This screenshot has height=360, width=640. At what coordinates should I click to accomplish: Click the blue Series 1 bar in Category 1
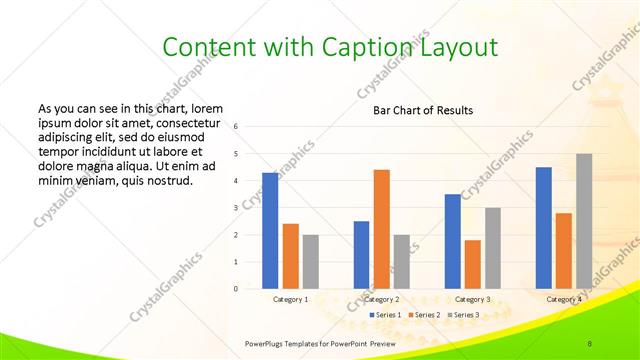coord(270,231)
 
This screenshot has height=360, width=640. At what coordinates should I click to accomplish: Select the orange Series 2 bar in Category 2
coord(381,229)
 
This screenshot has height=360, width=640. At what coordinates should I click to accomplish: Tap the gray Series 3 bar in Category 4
coord(583,221)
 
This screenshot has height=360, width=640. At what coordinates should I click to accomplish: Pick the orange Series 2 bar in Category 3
coord(472,264)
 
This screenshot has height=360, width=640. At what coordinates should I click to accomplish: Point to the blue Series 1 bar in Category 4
coord(543,228)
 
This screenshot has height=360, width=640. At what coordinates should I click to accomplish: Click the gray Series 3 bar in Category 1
coord(310,262)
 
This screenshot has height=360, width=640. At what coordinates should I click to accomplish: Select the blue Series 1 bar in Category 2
coord(361,255)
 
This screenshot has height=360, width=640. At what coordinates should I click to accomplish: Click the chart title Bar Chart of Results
coord(423,110)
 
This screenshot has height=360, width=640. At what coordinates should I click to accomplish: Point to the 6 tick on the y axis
coord(236,127)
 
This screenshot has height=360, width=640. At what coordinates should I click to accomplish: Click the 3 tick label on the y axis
coord(236,208)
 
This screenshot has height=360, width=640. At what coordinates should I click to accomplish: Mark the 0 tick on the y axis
coord(236,289)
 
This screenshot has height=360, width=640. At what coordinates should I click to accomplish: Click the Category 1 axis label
coord(290,299)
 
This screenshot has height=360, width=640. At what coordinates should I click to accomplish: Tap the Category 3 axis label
coord(472,299)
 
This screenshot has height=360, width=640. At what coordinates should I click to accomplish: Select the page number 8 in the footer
coord(590,343)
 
